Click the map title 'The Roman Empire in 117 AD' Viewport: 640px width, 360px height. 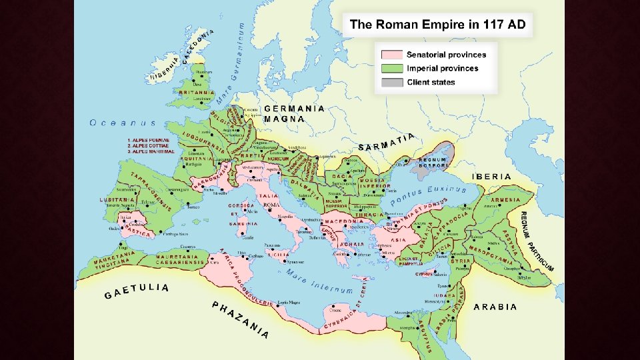[x=437, y=25]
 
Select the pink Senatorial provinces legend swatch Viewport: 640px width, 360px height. [x=391, y=55]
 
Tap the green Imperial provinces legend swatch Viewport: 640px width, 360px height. [x=391, y=68]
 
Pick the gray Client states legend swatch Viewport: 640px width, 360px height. [x=391, y=82]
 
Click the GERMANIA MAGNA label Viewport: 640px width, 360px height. [x=294, y=113]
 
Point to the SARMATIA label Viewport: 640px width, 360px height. [x=387, y=142]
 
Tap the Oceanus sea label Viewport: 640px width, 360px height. [x=123, y=123]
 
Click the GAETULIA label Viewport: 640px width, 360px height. [x=137, y=291]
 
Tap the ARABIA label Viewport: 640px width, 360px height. [x=495, y=307]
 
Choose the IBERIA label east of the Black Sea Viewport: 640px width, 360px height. [x=491, y=177]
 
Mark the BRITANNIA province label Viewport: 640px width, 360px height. [x=196, y=93]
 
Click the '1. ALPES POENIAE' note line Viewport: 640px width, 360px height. [x=150, y=140]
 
